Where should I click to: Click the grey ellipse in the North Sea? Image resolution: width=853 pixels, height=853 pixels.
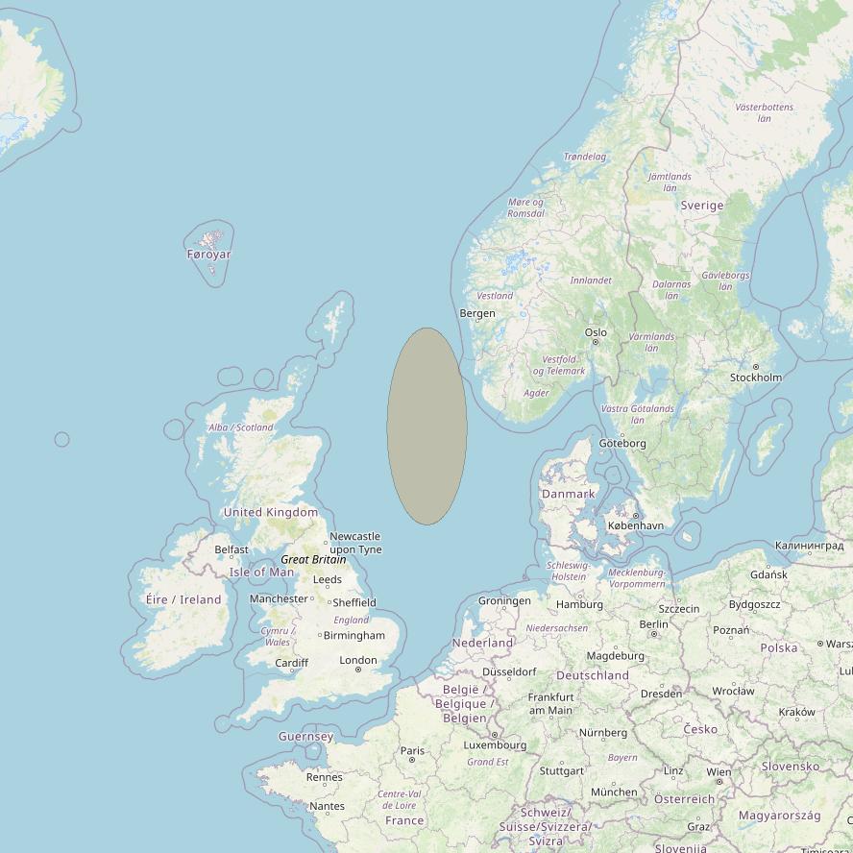pyautogui.click(x=427, y=426)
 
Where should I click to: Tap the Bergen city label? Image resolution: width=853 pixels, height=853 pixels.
pyautogui.click(x=477, y=313)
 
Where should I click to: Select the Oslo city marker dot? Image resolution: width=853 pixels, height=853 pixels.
pyautogui.click(x=596, y=342)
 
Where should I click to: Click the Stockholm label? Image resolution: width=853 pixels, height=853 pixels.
pyautogui.click(x=756, y=378)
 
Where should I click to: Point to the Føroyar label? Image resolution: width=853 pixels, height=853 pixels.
pyautogui.click(x=208, y=255)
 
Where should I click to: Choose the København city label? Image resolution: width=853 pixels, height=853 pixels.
pyautogui.click(x=636, y=525)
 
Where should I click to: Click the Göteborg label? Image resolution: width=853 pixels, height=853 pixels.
pyautogui.click(x=622, y=443)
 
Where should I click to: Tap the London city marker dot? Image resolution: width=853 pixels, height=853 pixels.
pyautogui.click(x=358, y=670)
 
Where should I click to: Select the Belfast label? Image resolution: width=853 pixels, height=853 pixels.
pyautogui.click(x=232, y=549)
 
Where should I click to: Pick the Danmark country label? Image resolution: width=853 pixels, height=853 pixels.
pyautogui.click(x=569, y=494)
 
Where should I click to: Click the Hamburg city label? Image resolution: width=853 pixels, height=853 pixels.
pyautogui.click(x=579, y=604)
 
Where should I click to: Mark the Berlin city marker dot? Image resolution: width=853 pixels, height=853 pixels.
pyautogui.click(x=653, y=634)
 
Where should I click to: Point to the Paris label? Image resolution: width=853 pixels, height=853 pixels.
pyautogui.click(x=412, y=750)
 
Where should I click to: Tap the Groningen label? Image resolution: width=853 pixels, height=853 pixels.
pyautogui.click(x=504, y=601)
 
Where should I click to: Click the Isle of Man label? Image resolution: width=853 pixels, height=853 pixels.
pyautogui.click(x=261, y=572)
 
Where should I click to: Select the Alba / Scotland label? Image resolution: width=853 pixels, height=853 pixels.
pyautogui.click(x=241, y=427)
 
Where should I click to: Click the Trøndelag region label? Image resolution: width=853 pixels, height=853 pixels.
pyautogui.click(x=584, y=157)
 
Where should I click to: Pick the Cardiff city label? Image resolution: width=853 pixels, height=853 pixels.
pyautogui.click(x=291, y=663)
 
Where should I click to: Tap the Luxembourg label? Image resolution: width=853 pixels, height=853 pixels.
pyautogui.click(x=495, y=744)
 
